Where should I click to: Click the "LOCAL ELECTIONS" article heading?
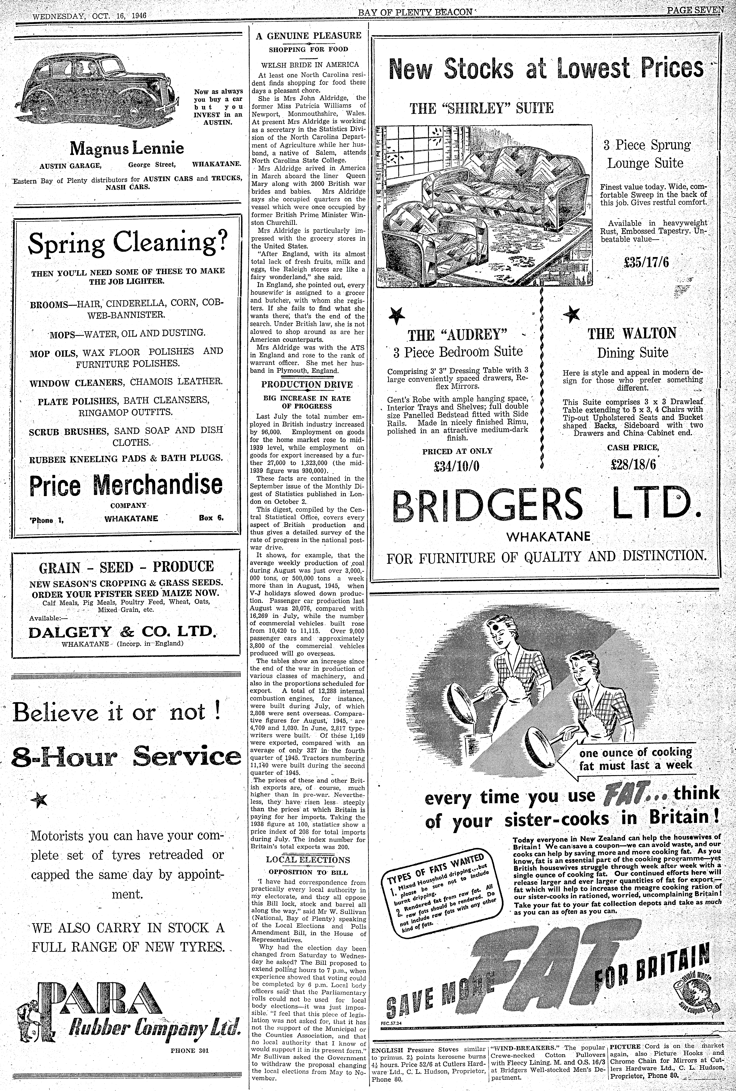pyautogui.click(x=307, y=860)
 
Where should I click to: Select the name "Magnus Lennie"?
pyautogui.click(x=127, y=149)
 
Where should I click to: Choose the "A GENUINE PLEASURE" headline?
pyautogui.click(x=308, y=36)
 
